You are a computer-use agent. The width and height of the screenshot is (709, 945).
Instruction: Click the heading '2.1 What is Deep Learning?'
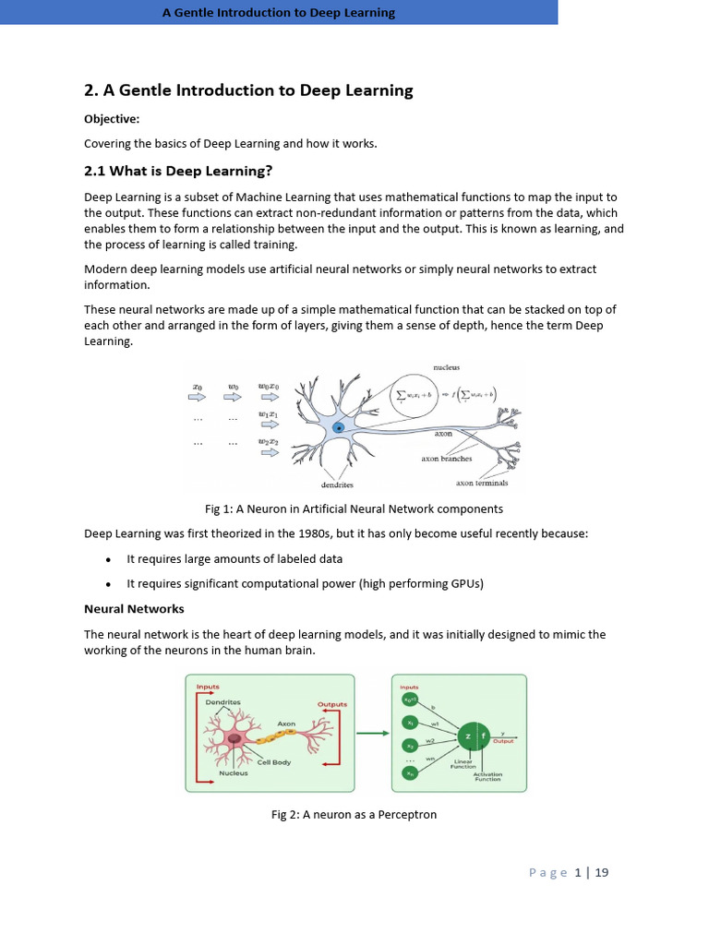click(179, 171)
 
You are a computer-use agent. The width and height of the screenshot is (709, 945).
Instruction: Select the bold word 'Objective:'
click(112, 119)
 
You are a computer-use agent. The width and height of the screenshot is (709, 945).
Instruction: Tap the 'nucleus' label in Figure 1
click(446, 367)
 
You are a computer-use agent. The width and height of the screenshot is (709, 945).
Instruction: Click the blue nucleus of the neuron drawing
click(340, 428)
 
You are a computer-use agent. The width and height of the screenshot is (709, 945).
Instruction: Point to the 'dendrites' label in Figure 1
click(337, 484)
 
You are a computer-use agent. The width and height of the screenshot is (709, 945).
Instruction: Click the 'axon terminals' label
click(481, 483)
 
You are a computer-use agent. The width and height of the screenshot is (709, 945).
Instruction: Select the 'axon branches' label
click(446, 458)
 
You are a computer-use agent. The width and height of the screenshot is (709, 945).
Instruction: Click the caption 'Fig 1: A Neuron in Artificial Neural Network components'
click(354, 508)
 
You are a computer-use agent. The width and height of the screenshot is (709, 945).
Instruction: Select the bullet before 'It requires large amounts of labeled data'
click(108, 559)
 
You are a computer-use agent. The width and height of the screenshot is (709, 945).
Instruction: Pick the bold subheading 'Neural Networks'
click(134, 609)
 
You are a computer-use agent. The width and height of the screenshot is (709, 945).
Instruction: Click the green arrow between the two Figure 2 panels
click(372, 734)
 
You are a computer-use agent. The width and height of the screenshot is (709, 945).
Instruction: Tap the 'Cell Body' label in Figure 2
click(275, 762)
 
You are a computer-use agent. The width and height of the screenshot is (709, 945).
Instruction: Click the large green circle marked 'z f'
click(476, 736)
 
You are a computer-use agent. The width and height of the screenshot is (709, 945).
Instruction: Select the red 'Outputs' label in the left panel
click(332, 704)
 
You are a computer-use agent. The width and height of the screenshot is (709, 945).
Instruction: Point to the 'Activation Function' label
click(487, 777)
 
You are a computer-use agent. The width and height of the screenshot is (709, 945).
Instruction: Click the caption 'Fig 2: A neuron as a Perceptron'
click(354, 814)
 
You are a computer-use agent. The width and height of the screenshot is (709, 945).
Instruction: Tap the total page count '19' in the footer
click(602, 873)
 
